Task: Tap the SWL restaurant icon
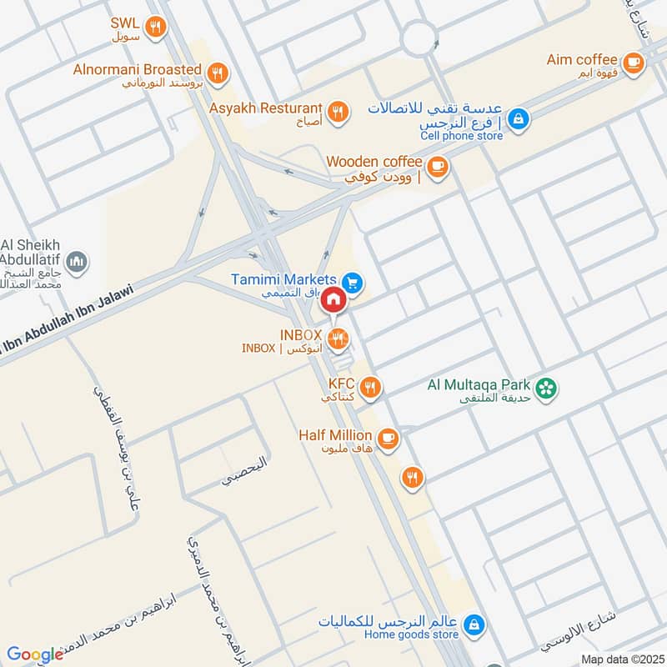click(154, 28)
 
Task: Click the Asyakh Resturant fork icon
click(338, 110)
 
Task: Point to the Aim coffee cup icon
click(634, 61)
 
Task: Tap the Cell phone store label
click(461, 136)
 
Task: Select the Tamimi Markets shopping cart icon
click(353, 283)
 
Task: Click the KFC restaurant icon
click(372, 386)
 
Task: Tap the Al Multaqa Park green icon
click(547, 388)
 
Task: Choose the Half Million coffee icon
click(388, 437)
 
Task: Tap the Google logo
click(35, 654)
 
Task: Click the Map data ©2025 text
click(620, 659)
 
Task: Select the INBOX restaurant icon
click(338, 338)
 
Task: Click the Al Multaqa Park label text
click(479, 385)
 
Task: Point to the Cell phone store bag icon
click(519, 119)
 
